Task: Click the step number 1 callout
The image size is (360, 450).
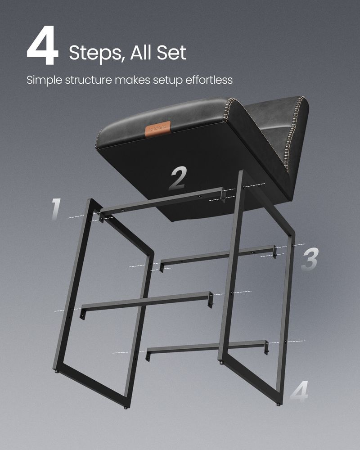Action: point(55,209)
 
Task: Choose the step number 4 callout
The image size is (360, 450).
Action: point(299,391)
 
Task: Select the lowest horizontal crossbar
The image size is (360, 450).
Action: point(207,346)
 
